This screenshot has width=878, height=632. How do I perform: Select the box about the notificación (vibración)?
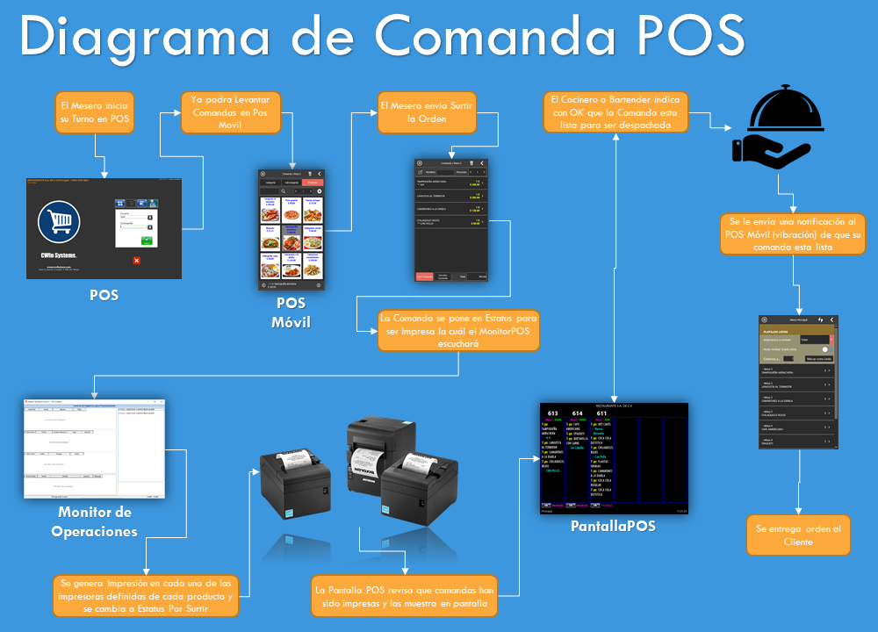(796, 233)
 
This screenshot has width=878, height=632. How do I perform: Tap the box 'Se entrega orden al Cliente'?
(798, 535)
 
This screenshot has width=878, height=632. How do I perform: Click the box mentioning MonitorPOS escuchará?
(457, 331)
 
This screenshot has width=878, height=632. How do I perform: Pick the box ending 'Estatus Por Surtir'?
(144, 596)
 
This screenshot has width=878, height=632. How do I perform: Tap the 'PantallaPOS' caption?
(613, 526)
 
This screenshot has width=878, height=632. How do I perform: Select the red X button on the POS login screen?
(136, 261)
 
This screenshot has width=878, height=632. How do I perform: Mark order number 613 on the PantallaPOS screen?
(552, 413)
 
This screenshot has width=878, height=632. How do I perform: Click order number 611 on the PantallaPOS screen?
(601, 413)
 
